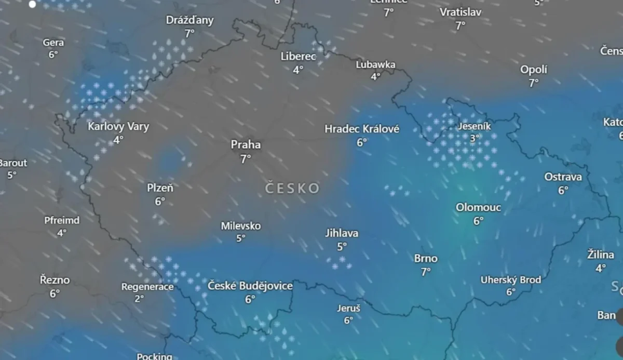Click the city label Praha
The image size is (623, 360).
[246, 145]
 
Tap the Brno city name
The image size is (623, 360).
[426, 258]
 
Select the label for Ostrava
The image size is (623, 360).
[563, 177]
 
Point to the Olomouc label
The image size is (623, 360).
[478, 208]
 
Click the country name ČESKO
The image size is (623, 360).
[292, 188]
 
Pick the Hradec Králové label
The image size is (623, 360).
[362, 129]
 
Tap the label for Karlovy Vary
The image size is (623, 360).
[118, 126]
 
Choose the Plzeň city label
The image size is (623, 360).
[160, 188]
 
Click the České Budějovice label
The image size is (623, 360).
[250, 286]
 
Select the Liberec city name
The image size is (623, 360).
[298, 56]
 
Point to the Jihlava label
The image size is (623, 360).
[342, 233]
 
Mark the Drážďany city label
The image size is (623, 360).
[189, 20]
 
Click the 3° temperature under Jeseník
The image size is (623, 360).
[475, 138]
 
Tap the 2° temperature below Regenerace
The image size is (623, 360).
[139, 299]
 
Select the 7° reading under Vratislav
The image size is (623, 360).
[460, 25]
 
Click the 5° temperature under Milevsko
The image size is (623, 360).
[241, 238]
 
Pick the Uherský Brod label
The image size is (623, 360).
[511, 280]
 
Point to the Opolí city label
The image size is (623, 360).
[534, 70]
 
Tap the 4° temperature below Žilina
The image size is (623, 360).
[601, 268]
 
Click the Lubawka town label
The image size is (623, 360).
[375, 64]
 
